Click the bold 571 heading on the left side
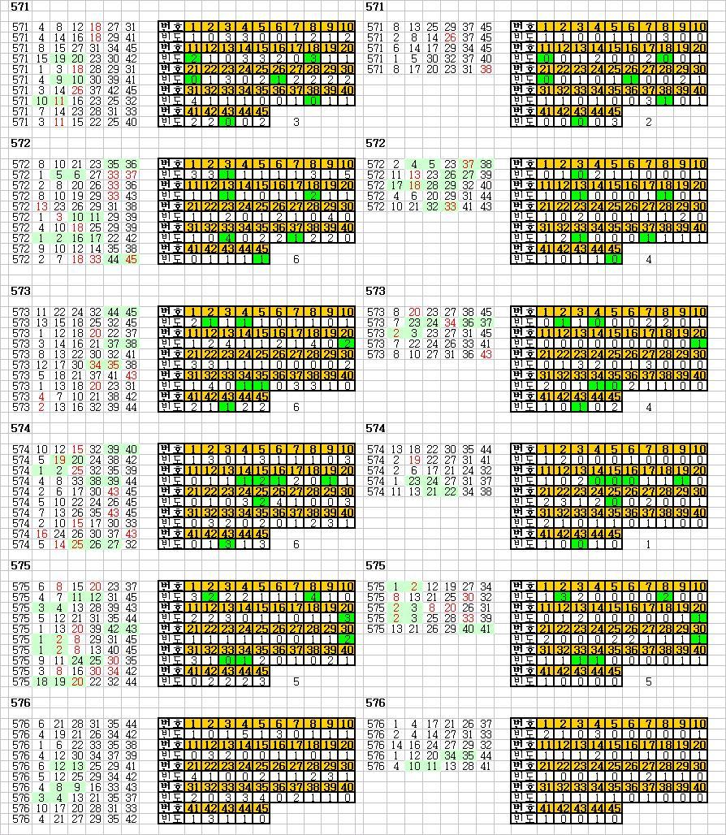point(21,7)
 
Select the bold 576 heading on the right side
point(375,703)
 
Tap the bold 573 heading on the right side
point(375,291)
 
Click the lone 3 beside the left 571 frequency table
point(296,123)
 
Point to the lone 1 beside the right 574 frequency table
point(648,545)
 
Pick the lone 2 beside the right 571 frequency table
point(648,123)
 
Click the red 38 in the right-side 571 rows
point(486,69)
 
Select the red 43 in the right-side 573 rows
point(486,354)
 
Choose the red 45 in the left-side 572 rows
point(132,259)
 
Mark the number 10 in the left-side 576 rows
point(41,808)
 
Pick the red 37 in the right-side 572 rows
point(468,164)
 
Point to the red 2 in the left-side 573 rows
point(41,407)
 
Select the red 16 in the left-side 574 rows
point(41,534)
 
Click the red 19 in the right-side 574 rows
point(415,460)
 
